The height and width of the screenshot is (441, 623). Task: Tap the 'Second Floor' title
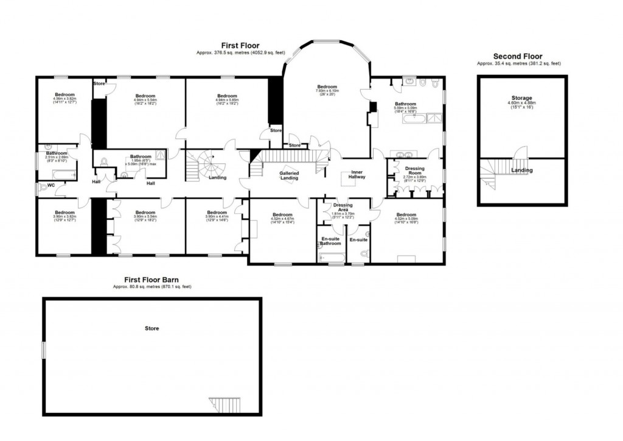tap(517, 56)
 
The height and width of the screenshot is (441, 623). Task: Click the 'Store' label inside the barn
tap(151, 328)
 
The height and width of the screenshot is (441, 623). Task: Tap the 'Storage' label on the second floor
tap(521, 98)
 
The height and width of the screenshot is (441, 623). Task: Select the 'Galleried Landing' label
tap(288, 176)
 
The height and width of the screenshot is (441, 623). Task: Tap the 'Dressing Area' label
tap(344, 207)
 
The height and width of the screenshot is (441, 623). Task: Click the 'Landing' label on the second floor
tap(521, 171)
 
